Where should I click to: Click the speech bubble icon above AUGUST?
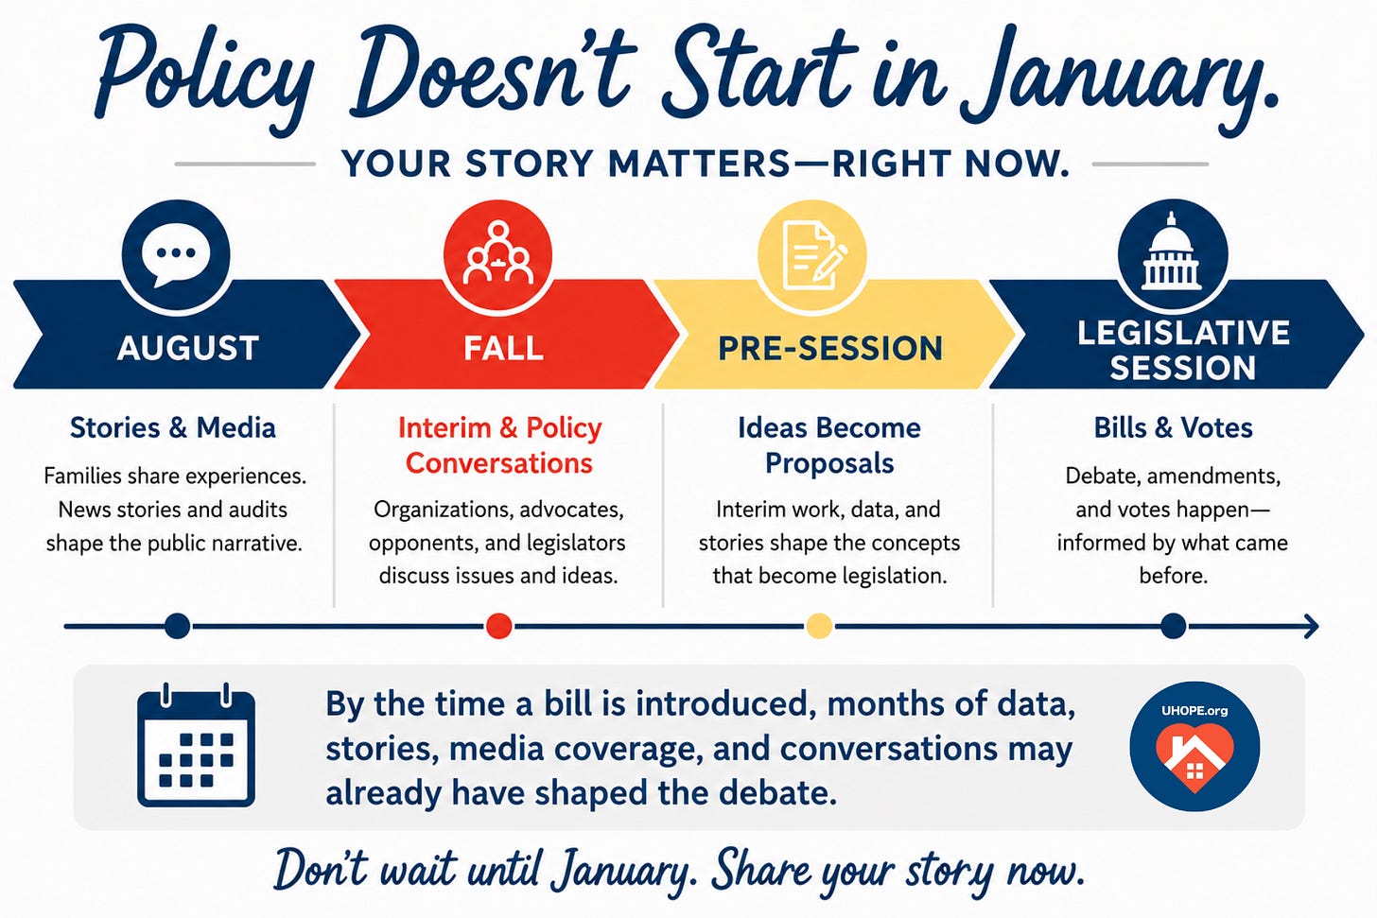(176, 253)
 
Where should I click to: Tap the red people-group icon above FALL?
(497, 253)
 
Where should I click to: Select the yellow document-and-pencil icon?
(812, 253)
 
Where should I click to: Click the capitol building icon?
(1173, 253)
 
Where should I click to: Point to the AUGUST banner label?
(187, 348)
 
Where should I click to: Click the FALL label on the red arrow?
(503, 348)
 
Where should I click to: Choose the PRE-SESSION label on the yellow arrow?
(830, 348)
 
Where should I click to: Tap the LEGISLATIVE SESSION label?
(1183, 351)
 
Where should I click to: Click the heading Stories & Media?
(173, 427)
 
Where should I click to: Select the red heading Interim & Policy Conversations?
(499, 445)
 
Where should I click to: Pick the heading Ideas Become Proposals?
(829, 445)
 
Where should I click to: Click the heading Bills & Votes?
(1173, 427)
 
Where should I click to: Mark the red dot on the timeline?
(498, 626)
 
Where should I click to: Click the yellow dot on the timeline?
(819, 626)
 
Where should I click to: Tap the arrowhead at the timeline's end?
(1311, 626)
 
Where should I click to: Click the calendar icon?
(196, 745)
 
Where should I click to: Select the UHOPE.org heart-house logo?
(1194, 746)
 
